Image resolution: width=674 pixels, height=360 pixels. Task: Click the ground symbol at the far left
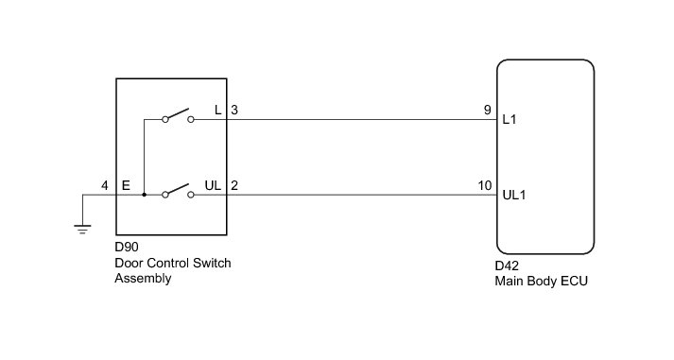point(82,229)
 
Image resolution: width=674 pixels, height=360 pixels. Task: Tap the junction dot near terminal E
point(144,195)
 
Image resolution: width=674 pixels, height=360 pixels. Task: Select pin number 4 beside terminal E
point(104,185)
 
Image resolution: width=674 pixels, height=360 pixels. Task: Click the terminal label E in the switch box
point(126,185)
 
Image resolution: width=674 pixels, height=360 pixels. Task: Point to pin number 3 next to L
point(234,110)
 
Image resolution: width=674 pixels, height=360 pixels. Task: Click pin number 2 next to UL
point(234,185)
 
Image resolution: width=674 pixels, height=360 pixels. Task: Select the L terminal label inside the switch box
point(218,110)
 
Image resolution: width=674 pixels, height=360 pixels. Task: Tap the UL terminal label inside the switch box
point(213,185)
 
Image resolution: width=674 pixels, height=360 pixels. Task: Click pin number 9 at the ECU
point(487,110)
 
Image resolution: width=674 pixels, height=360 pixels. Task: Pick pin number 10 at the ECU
point(485,185)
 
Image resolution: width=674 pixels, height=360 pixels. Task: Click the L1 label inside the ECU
point(510,119)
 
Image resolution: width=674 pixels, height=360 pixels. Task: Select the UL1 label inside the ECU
point(514,195)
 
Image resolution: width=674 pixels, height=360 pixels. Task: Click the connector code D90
point(127,247)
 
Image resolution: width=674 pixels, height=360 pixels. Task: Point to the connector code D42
point(507,266)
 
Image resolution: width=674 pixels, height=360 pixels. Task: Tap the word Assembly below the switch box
point(143,279)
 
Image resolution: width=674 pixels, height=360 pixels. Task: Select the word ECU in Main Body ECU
point(575,281)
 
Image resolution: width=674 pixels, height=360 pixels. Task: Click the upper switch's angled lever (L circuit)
point(178,113)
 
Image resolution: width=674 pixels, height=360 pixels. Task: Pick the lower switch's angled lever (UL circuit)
point(178,189)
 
